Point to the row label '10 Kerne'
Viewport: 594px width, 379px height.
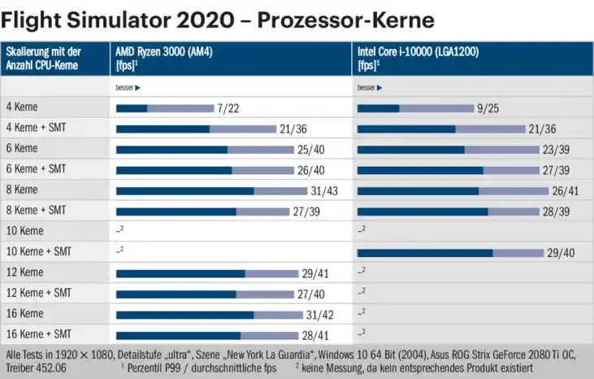(x=24, y=231)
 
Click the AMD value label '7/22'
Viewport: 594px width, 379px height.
(x=228, y=107)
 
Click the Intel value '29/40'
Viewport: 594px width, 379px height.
(x=561, y=253)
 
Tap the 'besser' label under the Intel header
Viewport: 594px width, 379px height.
(x=370, y=87)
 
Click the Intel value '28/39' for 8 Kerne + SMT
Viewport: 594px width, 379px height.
(x=557, y=211)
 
